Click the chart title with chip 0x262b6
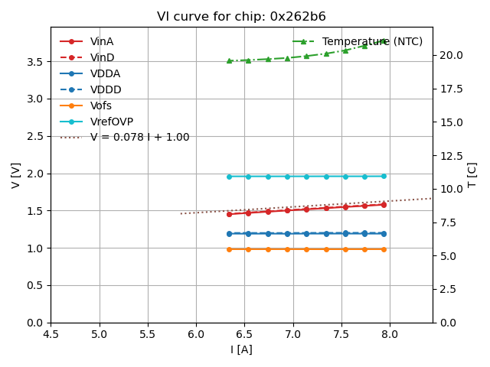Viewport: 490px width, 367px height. pyautogui.click(x=241, y=17)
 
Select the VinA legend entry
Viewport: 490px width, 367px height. pyautogui.click(x=102, y=41)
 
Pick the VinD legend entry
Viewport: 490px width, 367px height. pyautogui.click(x=102, y=57)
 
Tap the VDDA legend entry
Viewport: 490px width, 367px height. pyautogui.click(x=105, y=73)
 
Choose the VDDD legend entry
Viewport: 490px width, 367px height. pyautogui.click(x=106, y=89)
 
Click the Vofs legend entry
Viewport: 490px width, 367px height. pyautogui.click(x=101, y=106)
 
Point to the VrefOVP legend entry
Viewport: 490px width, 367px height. pyautogui.click(x=112, y=122)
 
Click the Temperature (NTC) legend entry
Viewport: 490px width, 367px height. pyautogui.click(x=372, y=41)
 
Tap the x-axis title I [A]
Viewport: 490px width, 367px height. pyautogui.click(x=241, y=349)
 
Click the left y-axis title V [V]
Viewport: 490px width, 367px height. pyautogui.click(x=16, y=174)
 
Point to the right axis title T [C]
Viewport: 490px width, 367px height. pyautogui.click(x=472, y=174)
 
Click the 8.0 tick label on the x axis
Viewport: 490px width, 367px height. pyautogui.click(x=390, y=334)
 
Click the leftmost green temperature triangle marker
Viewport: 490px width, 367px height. pyautogui.click(x=229, y=60)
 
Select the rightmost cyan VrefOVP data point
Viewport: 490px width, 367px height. pyautogui.click(x=384, y=176)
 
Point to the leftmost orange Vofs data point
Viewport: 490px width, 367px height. pyautogui.click(x=229, y=249)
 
